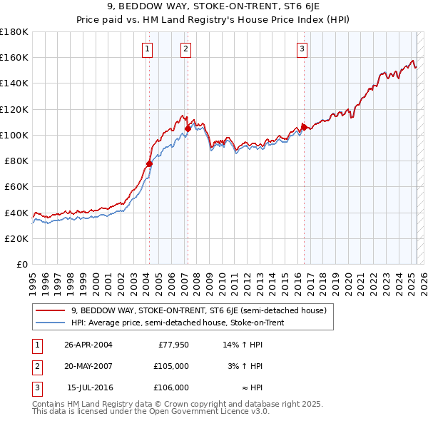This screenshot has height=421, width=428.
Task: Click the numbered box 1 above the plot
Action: [146, 49]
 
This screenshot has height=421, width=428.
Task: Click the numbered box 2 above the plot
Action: [185, 49]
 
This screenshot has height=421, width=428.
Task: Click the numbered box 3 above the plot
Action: [302, 49]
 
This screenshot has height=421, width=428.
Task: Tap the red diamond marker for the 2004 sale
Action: [150, 163]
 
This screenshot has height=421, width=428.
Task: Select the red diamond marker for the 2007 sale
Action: [188, 128]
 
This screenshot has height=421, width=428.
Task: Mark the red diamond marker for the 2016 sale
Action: [304, 127]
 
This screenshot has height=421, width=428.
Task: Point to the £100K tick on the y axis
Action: [14, 135]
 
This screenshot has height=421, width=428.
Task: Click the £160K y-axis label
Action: [14, 57]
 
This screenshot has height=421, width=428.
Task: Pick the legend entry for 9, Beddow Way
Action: [198, 310]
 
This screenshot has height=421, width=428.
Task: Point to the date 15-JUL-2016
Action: [89, 387]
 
